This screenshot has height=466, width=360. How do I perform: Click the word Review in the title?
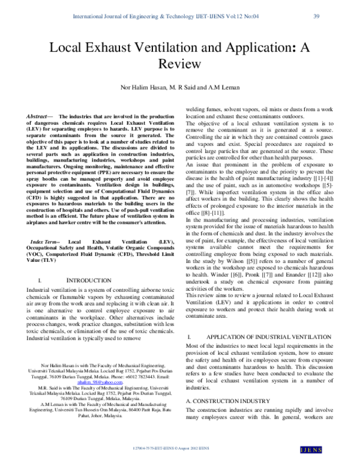pyautogui.click(x=179, y=63)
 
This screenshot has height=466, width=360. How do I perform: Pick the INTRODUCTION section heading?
pyautogui.click(x=91, y=280)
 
